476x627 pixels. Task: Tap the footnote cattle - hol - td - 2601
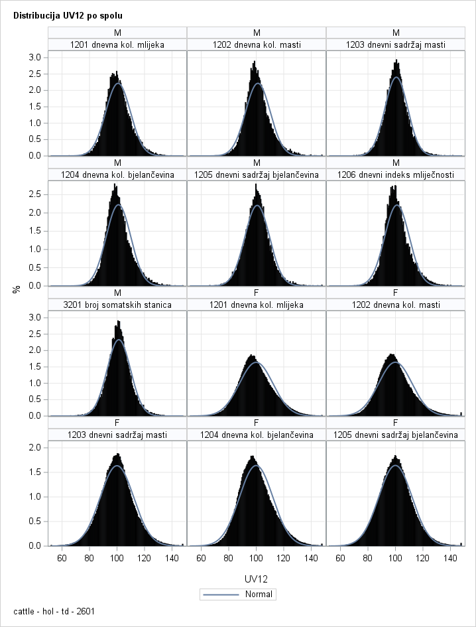[54, 611]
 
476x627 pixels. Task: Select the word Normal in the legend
[258, 594]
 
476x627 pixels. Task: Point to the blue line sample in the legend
[222, 594]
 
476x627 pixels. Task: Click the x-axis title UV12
[257, 579]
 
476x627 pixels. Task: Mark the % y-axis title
[16, 289]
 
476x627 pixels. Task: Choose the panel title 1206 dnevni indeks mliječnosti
[396, 174]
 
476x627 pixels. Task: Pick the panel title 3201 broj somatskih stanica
[117, 305]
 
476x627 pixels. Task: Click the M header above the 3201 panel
[117, 293]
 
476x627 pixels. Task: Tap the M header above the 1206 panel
[396, 163]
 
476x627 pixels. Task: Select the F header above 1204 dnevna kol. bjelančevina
[257, 423]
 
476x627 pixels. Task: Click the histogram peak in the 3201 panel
[118, 322]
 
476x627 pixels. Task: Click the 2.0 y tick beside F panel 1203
[38, 447]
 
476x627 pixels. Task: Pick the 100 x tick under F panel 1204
[257, 558]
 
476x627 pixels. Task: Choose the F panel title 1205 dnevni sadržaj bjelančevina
[396, 435]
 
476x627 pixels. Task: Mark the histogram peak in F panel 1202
[392, 355]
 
